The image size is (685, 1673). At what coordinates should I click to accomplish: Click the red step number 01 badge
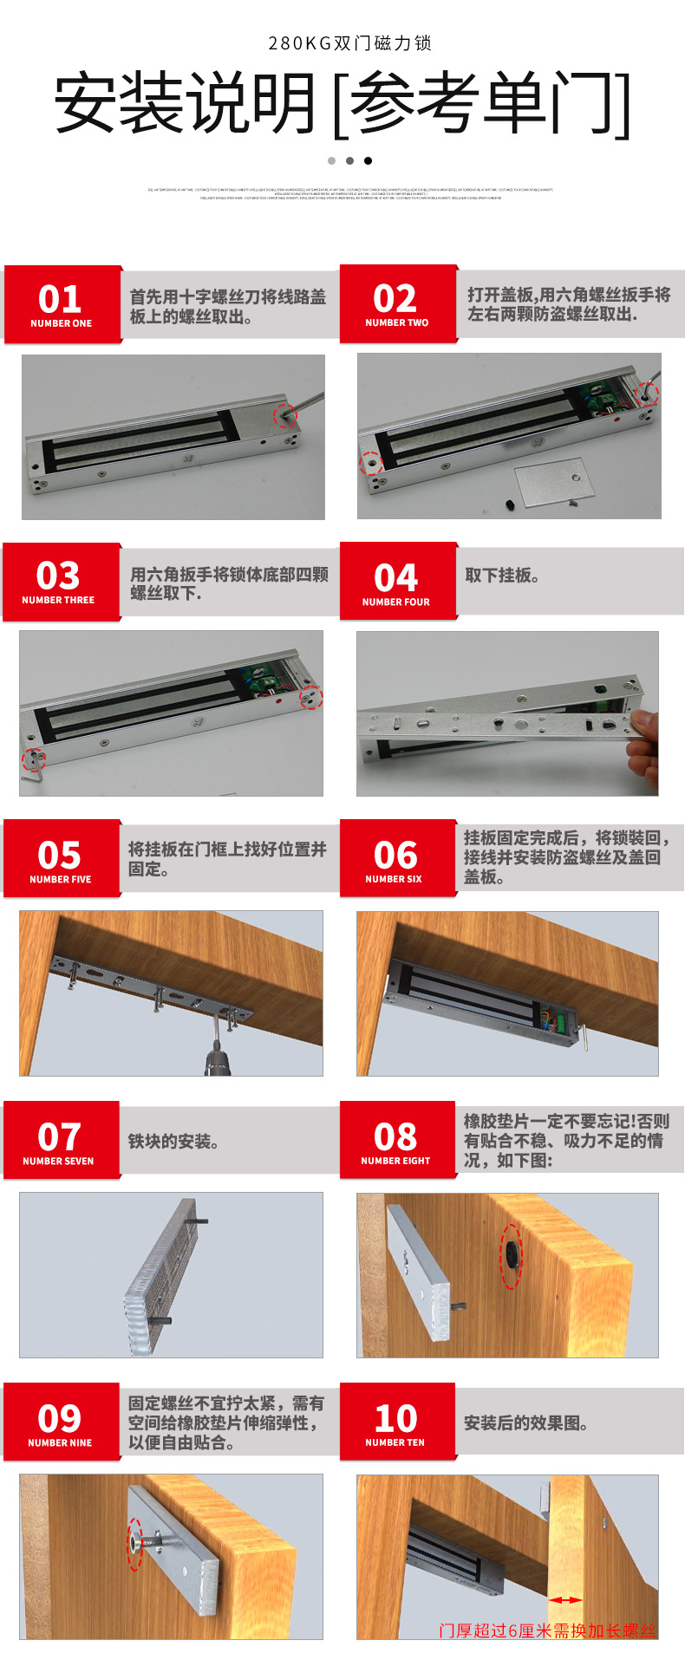tap(62, 304)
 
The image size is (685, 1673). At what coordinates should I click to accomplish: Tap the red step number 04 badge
tap(397, 582)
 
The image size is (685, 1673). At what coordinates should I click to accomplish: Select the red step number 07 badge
tap(60, 1140)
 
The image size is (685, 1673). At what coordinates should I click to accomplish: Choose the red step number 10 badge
tap(396, 1422)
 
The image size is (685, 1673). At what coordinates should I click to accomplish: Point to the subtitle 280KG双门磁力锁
tap(349, 43)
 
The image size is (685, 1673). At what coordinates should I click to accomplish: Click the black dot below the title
tap(368, 160)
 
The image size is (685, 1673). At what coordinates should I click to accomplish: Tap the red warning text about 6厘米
tap(547, 1631)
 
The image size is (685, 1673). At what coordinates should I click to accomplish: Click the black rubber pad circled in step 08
tap(511, 1255)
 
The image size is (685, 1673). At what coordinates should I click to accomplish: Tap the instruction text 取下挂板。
tap(502, 576)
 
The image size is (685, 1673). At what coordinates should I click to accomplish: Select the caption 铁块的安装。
tap(173, 1142)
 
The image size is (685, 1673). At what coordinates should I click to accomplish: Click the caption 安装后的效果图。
tap(526, 1423)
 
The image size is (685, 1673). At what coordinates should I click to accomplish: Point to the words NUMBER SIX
tap(394, 879)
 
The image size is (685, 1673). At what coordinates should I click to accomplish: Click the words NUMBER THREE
tap(58, 600)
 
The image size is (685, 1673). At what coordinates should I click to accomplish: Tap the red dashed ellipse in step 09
tap(134, 1544)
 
